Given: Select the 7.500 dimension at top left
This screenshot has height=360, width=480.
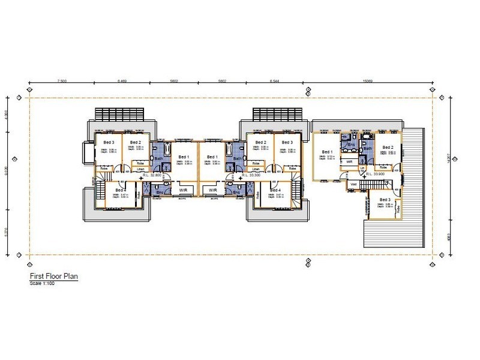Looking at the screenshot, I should point(62,79).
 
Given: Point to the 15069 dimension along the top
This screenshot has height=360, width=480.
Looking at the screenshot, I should point(368,79).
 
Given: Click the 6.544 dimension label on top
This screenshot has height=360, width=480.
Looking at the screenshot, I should point(276,79).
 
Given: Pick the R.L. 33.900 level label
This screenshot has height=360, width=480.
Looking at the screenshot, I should point(374,174).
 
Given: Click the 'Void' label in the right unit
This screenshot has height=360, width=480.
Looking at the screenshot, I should point(353,184).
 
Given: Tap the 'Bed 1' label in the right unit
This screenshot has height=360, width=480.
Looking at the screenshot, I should point(327,152).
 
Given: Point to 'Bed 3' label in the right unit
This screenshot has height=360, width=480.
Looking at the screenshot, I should point(385,199).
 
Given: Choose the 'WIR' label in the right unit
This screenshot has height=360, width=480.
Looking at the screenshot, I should point(349,161).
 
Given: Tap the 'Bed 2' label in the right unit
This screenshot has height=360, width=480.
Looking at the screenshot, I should point(388,147).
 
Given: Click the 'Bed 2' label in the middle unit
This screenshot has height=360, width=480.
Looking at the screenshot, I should point(260,142).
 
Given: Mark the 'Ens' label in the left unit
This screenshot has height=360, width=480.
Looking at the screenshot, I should point(160,193).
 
